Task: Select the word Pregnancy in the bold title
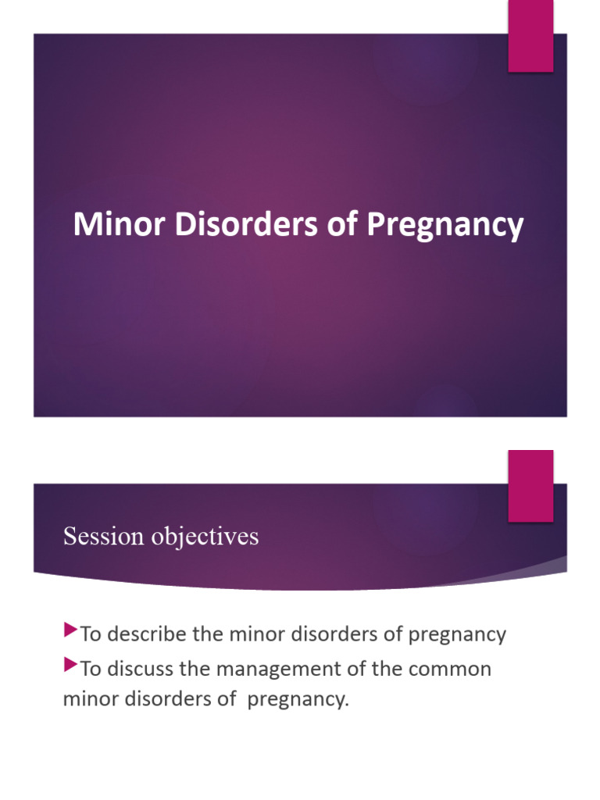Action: tap(445, 227)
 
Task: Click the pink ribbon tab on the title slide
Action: tap(530, 37)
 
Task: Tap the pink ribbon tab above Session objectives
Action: tap(530, 485)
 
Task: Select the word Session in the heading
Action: tap(103, 537)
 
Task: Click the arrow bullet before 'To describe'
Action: tap(70, 629)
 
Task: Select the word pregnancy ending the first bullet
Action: tap(457, 634)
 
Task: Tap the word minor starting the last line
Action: tap(88, 699)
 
